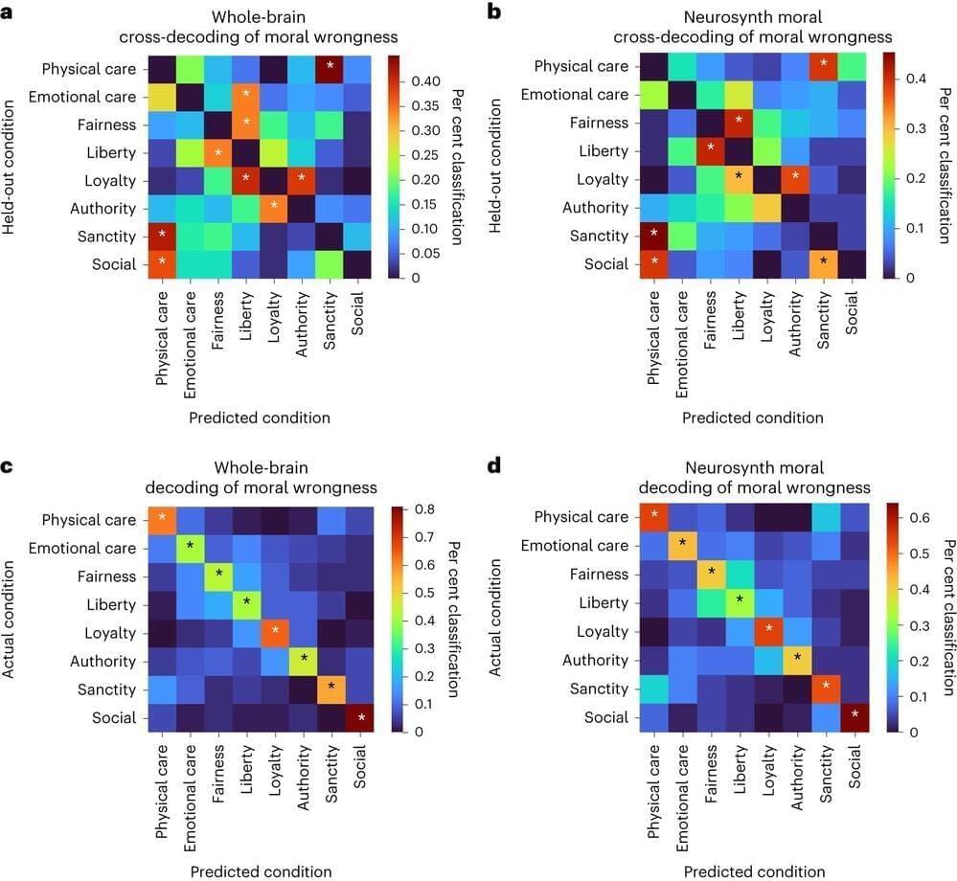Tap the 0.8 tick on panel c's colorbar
click(409, 508)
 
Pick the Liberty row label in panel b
click(604, 151)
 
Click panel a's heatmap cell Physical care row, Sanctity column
click(328, 69)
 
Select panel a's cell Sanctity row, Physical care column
click(162, 236)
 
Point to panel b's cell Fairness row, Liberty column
click(739, 123)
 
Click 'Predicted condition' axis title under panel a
click(259, 418)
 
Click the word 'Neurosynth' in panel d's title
click(725, 467)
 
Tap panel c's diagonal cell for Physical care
click(162, 519)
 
